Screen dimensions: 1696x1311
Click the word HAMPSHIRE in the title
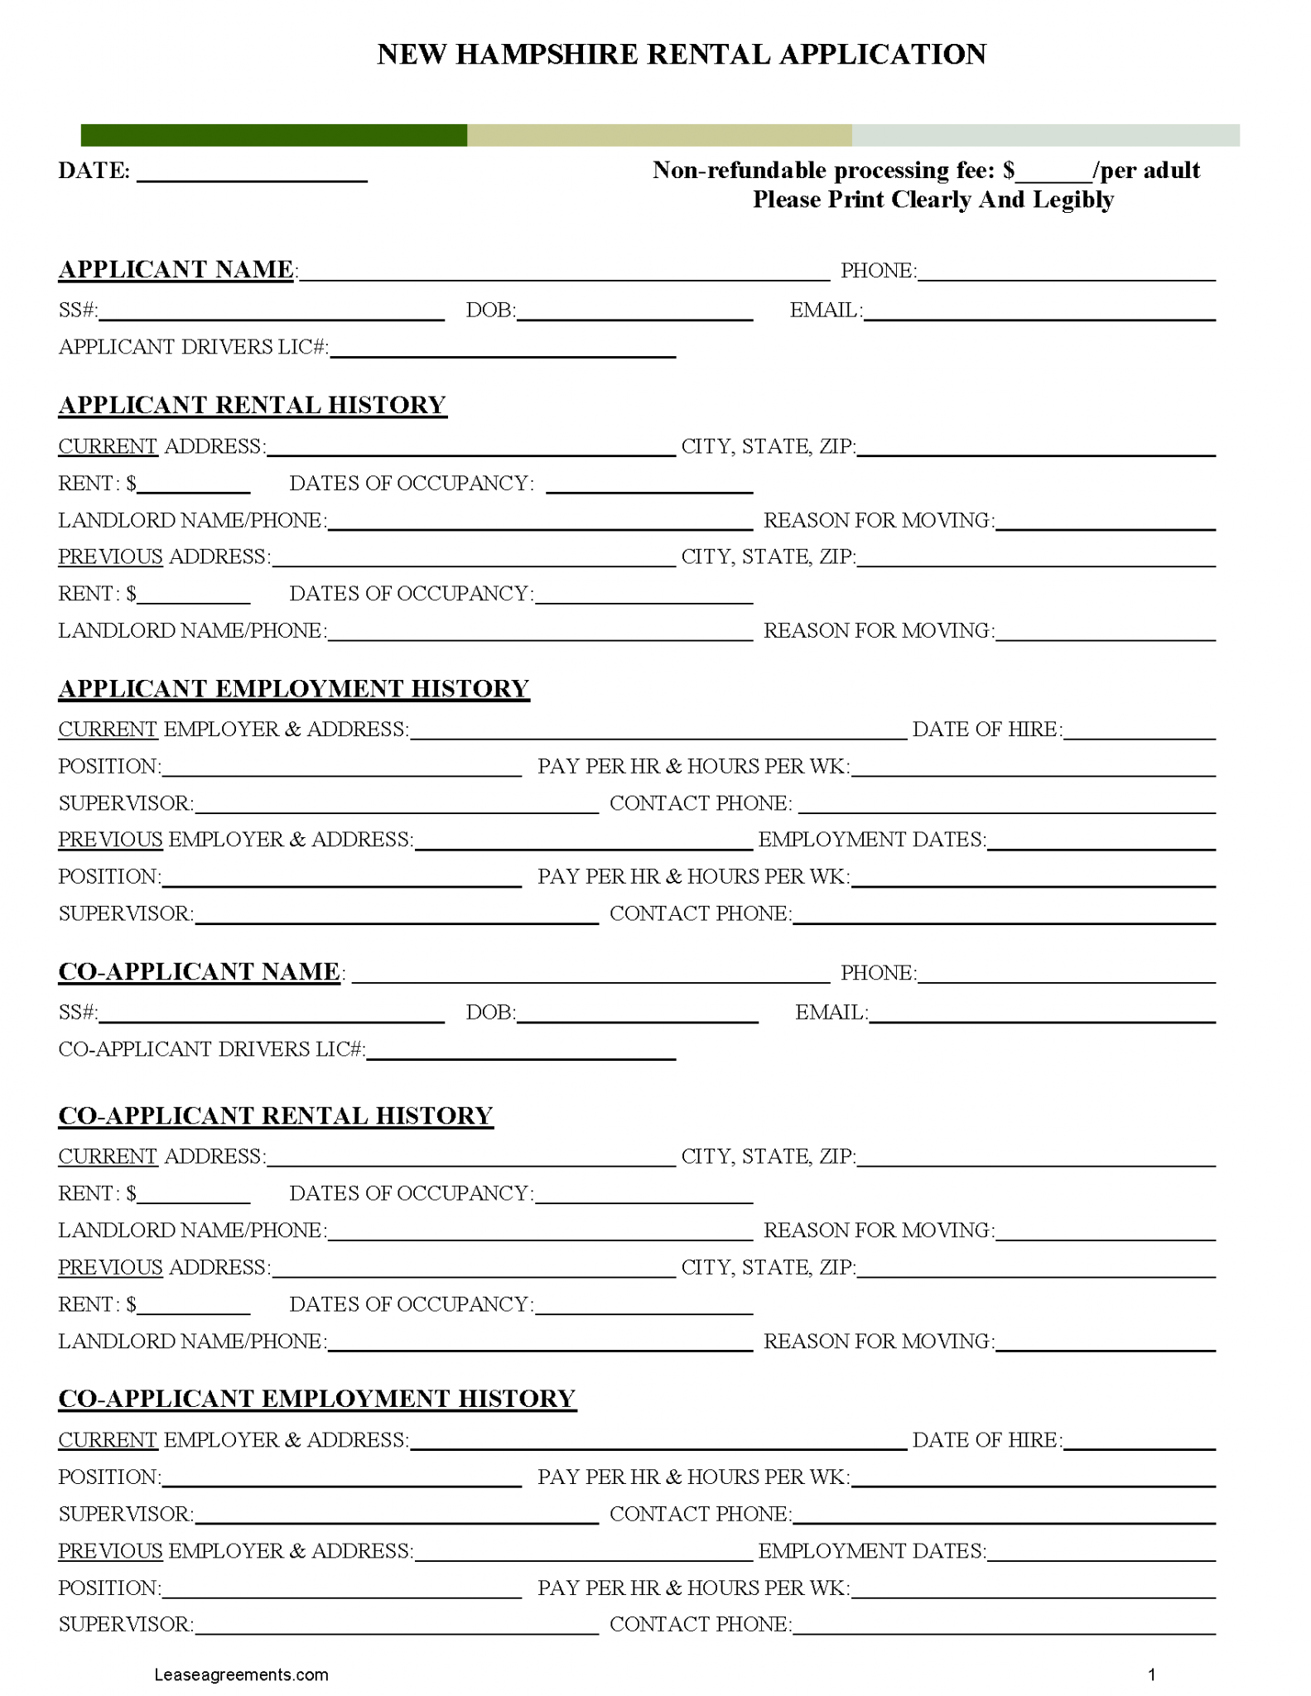click(x=547, y=55)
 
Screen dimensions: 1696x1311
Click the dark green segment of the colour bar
click(x=273, y=135)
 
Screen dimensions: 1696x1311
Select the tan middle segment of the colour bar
click(x=659, y=135)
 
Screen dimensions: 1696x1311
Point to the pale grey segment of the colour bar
click(x=1045, y=135)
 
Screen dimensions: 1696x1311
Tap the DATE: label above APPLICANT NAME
click(x=94, y=171)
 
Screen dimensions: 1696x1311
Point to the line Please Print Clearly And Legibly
click(x=933, y=200)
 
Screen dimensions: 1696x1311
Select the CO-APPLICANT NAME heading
click(x=199, y=971)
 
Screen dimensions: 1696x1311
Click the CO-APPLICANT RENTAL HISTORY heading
click(x=275, y=1115)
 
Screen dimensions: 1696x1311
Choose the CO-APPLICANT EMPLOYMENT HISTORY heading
click(x=316, y=1398)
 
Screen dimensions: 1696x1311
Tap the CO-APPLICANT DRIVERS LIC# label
click(x=211, y=1049)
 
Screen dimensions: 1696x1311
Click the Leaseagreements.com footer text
click(x=241, y=1674)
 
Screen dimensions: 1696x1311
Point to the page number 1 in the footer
click(x=1151, y=1674)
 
